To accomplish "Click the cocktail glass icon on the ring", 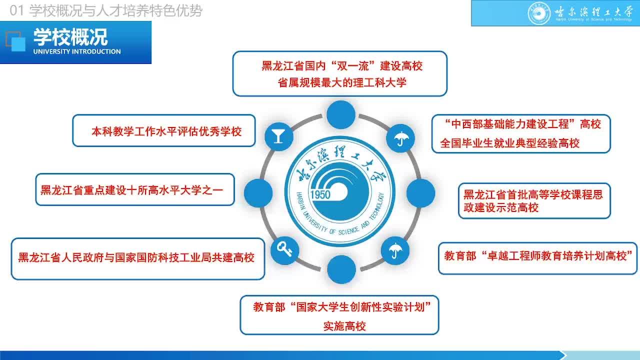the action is (278, 136).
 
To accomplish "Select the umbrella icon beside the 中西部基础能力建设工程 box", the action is (401, 138).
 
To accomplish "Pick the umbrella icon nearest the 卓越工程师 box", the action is (395, 250).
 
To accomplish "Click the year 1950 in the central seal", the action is (320, 195).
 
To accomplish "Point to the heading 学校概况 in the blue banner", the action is (70, 37).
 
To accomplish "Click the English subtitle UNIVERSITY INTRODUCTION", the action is (77, 51).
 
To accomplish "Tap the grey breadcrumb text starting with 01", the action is (105, 11).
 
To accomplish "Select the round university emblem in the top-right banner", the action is (539, 13).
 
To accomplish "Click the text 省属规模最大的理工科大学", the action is (342, 83).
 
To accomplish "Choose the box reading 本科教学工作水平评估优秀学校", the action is (163, 131).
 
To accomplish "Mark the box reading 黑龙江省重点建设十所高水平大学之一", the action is (135, 189).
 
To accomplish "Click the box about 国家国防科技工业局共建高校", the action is (138, 258).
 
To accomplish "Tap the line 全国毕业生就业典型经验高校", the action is (509, 143).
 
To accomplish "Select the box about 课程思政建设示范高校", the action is (534, 201).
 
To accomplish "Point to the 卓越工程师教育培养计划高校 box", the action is (537, 258).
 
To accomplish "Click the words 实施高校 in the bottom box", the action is (344, 326).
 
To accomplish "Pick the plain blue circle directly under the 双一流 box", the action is (341, 114).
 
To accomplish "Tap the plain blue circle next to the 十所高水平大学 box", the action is (258, 193).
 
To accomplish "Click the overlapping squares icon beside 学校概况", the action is (15, 41).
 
